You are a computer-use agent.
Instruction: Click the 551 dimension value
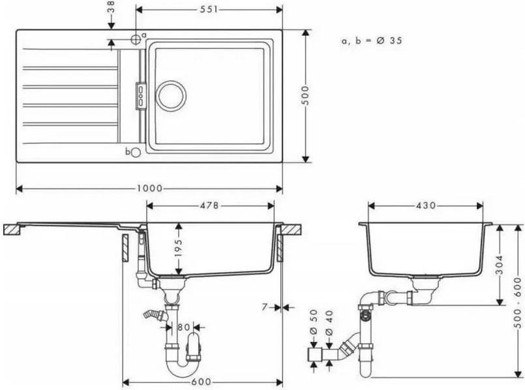[x=209, y=10]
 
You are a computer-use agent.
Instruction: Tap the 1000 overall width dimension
[x=149, y=189]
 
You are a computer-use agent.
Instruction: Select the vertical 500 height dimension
[x=305, y=95]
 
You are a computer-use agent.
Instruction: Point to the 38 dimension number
[x=111, y=7]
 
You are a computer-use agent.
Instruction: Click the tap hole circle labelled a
[x=136, y=39]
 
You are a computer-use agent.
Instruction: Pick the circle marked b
[x=136, y=152]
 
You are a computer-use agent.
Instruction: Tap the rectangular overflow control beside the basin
[x=141, y=96]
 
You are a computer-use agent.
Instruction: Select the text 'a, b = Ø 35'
[x=371, y=41]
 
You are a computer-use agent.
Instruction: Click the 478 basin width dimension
[x=209, y=206]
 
